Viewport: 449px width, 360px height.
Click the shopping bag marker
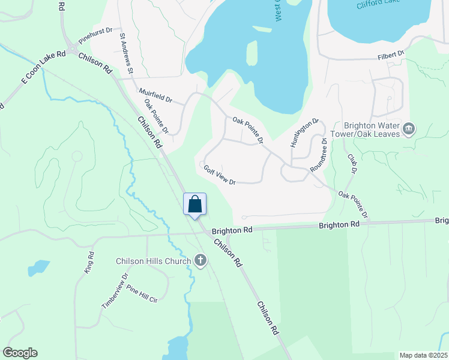[194, 204]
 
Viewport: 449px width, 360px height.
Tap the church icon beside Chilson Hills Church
[200, 260]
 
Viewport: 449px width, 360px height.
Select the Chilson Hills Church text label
[153, 261]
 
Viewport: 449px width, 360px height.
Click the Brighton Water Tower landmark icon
[409, 128]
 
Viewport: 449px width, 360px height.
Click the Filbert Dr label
[391, 55]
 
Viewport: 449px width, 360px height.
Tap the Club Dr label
[352, 163]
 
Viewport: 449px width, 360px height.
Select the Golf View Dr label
[218, 175]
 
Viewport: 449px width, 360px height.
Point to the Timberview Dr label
[115, 292]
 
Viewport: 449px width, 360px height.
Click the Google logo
[20, 353]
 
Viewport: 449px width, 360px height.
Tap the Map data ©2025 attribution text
[423, 355]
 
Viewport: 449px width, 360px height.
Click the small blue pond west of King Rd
[39, 267]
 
